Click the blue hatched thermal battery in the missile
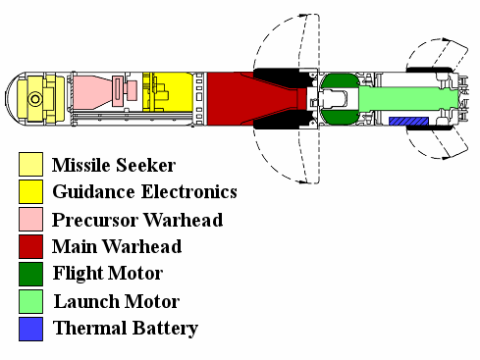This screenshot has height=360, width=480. pos(408,121)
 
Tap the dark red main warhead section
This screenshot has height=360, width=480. pos(229,99)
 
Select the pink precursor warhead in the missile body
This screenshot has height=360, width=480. pos(95,92)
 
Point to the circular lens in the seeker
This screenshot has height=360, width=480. pos(34,99)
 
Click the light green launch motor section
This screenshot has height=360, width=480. pos(409,98)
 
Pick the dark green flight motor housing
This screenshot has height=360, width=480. pos(340,99)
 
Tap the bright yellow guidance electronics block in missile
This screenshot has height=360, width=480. pos(170,91)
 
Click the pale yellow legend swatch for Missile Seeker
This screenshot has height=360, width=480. pos(30,164)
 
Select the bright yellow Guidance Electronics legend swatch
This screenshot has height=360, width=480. pos(30,191)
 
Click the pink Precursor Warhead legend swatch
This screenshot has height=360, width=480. pos(30,219)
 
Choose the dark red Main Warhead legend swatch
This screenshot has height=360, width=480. pos(30,246)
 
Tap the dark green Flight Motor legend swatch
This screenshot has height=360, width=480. pos(30,274)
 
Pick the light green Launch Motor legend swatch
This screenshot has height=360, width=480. pos(30,301)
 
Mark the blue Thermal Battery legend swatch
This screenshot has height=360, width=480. pos(30,329)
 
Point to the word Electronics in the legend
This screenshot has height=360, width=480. pos(189,191)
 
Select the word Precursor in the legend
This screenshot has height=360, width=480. pos(95,220)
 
